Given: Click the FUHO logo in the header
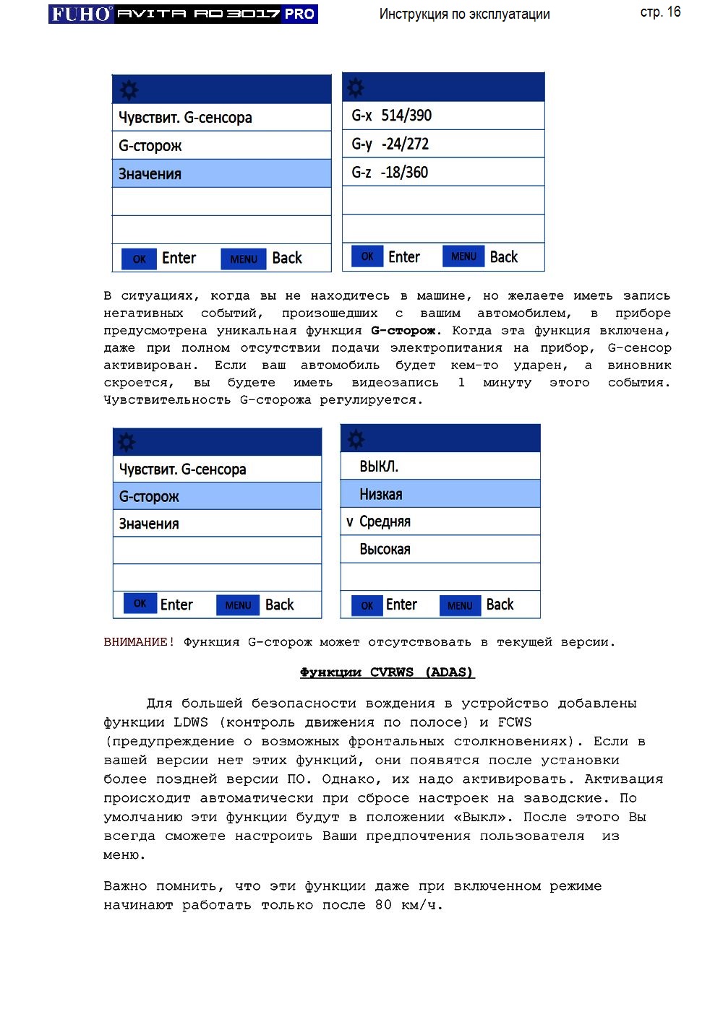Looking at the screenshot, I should click(81, 14).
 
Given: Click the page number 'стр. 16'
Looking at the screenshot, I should click(660, 12).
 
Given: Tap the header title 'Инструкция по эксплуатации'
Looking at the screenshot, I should click(464, 14).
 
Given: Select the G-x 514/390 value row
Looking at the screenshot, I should click(442, 116).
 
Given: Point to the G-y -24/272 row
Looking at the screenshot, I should click(442, 144).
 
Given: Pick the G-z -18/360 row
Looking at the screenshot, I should click(442, 172).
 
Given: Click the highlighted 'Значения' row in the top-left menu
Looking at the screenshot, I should click(221, 174).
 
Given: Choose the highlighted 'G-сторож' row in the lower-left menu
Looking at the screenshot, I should click(217, 496).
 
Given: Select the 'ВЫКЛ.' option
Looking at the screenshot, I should click(440, 467).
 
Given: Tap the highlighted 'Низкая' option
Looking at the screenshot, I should click(440, 494).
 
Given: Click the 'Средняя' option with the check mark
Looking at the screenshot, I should click(440, 521).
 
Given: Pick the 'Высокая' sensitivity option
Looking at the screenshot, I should click(440, 549).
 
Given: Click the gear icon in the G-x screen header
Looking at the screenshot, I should click(356, 88).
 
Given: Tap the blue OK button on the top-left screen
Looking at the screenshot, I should click(139, 259).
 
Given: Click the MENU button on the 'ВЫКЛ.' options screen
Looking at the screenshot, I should click(460, 605).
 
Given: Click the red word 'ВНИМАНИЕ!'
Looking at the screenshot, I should click(139, 642).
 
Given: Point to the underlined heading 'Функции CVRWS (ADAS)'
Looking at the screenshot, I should click(387, 672).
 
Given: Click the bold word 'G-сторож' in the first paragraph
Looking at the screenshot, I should click(403, 331).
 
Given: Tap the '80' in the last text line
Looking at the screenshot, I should click(383, 905).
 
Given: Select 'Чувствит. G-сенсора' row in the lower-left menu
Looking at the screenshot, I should click(217, 469).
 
